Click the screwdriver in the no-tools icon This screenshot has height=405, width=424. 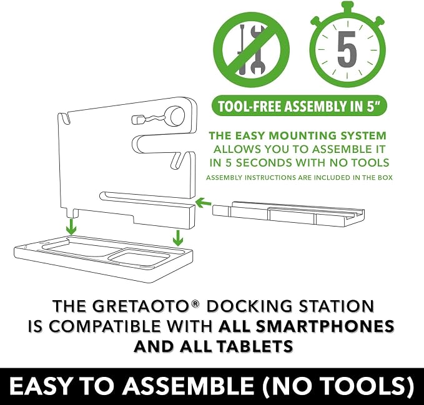(242, 49)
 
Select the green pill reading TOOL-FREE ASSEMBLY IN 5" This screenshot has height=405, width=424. (299, 105)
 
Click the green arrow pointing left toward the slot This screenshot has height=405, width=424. (204, 202)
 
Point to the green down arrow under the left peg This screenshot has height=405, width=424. (71, 227)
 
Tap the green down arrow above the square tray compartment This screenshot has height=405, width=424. (178, 238)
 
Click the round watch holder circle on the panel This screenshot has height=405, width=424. (177, 115)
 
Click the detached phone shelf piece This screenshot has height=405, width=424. (288, 213)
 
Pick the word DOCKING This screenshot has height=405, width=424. (249, 306)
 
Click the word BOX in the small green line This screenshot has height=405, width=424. (386, 178)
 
